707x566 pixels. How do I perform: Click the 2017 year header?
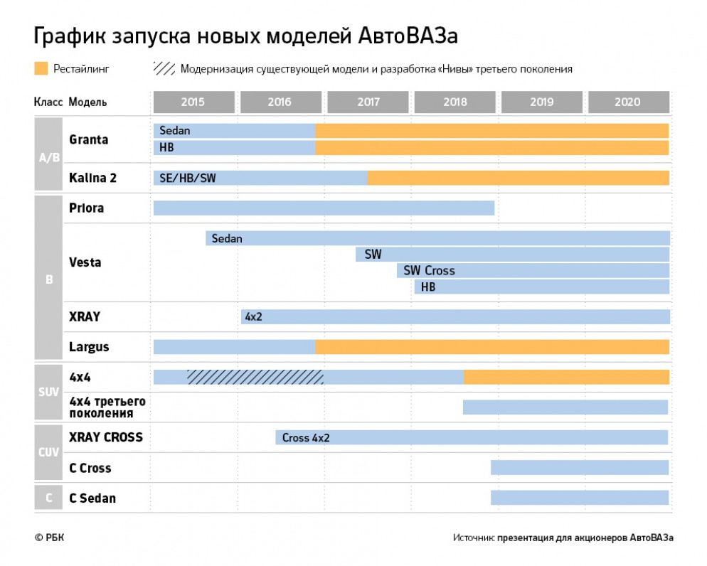[368, 102]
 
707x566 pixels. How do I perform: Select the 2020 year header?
[627, 102]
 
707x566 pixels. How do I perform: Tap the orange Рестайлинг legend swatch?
[41, 69]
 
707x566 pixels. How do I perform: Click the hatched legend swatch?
[164, 69]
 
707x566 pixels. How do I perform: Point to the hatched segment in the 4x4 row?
[255, 377]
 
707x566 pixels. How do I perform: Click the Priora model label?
[86, 208]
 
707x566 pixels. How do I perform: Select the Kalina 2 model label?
[92, 178]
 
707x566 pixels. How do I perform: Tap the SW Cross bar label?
[429, 271]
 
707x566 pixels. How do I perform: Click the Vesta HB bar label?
[428, 287]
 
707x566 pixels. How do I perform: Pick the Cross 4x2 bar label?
[306, 438]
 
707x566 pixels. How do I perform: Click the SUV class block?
[49, 392]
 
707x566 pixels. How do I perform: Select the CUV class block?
[49, 452]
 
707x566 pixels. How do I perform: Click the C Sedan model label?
[92, 498]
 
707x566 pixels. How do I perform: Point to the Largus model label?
[89, 348]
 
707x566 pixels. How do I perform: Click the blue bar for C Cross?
[579, 468]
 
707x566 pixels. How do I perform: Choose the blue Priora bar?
[324, 208]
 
